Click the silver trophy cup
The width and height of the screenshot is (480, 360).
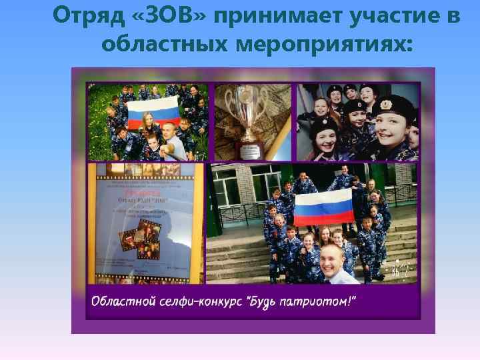248,110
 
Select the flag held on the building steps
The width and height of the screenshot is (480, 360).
325,205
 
